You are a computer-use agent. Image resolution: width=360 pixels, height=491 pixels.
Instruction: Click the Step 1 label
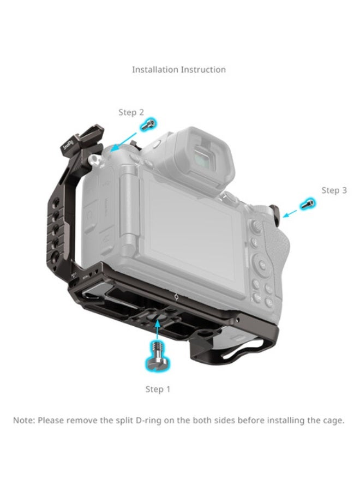coord(158,389)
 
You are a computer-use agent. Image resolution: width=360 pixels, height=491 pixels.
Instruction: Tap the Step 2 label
coord(131,112)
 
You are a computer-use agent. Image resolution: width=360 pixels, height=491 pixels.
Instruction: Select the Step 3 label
coord(334,190)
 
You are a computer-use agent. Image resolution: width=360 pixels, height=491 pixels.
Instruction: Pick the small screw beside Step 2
coord(146,125)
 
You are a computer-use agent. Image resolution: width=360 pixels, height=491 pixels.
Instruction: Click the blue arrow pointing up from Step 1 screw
coord(158,330)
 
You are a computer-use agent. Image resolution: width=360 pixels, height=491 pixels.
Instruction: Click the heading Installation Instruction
coord(178,70)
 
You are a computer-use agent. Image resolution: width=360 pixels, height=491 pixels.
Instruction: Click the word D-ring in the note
coord(170,421)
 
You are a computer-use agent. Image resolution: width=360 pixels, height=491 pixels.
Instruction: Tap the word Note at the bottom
coord(23,421)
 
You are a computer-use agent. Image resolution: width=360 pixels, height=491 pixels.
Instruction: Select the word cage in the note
coord(333,421)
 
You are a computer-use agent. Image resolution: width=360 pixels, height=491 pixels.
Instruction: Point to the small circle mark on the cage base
coord(176,298)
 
